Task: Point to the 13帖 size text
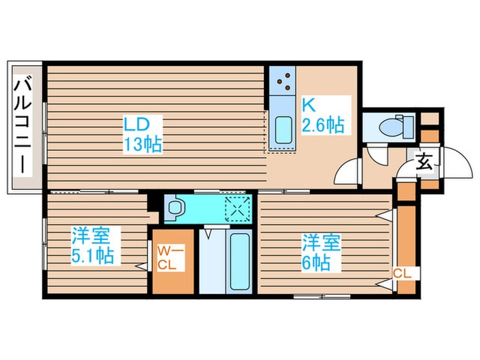[143, 145]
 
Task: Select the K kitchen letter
[309, 106]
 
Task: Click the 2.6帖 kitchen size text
[323, 126]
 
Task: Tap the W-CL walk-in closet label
[167, 258]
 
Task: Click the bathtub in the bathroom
[240, 261]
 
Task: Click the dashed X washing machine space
[238, 207]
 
